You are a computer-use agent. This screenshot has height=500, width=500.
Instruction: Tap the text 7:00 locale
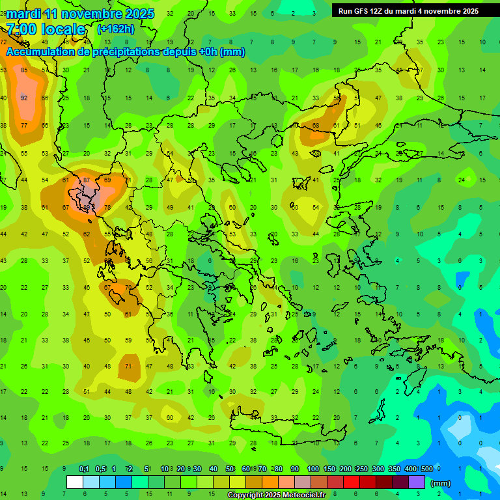pyautogui.click(x=46, y=29)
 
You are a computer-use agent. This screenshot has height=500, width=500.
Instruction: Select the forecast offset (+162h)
pyautogui.click(x=115, y=29)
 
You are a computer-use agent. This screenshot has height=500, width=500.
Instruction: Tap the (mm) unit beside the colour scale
pyautogui.click(x=441, y=483)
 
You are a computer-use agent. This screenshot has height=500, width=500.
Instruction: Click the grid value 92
pyautogui.click(x=24, y=98)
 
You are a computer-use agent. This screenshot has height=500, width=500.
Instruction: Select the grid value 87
pyautogui.click(x=87, y=180)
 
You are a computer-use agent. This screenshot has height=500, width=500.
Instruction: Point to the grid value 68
pyautogui.click(x=316, y=126)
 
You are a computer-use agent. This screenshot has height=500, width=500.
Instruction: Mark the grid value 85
pyautogui.click(x=24, y=70)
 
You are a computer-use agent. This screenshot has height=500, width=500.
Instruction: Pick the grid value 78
pyautogui.click(x=107, y=208)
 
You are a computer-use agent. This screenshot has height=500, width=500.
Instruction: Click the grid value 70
pyautogui.click(x=128, y=287)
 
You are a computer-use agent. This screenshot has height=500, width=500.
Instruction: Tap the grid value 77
pyautogui.click(x=24, y=126)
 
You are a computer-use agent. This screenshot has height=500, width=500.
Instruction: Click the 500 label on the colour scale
pyautogui.click(x=426, y=469)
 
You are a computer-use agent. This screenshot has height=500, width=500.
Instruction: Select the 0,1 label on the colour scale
pyautogui.click(x=83, y=469)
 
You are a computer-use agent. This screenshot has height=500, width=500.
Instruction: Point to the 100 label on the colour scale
pyautogui.click(x=312, y=469)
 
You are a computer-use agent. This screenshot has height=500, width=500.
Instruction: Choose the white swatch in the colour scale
pyautogui.click(x=75, y=482)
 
